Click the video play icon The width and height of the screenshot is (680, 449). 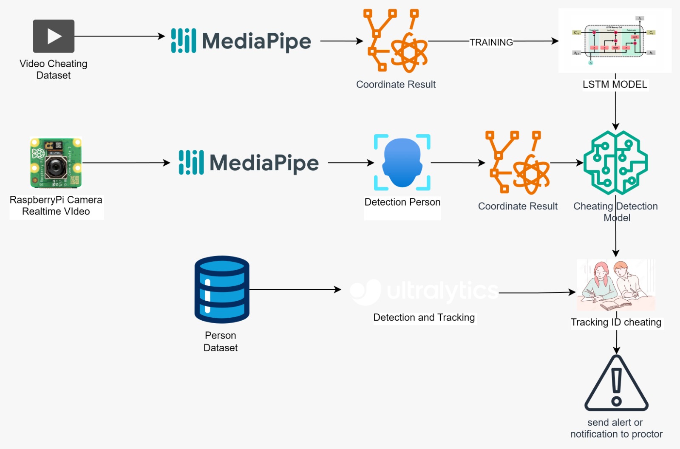[54, 36]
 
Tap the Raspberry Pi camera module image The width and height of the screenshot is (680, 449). [56, 163]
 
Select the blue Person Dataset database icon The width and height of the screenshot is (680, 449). [222, 289]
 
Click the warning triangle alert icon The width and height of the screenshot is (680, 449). [616, 384]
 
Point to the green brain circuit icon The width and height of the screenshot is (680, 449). [615, 163]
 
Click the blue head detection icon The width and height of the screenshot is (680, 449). [402, 162]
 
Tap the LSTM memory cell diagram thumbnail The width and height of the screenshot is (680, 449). [615, 41]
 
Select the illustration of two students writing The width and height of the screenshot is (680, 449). [616, 285]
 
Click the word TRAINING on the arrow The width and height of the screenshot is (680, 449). [491, 42]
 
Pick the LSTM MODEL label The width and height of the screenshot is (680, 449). [615, 85]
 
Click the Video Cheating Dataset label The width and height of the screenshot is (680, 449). [54, 69]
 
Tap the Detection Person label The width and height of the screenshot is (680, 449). [402, 202]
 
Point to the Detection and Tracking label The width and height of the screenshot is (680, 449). [424, 317]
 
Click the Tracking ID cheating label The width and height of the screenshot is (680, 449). [616, 322]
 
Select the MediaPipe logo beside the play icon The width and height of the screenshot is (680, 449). [241, 41]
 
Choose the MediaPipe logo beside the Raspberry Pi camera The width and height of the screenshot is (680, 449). [249, 163]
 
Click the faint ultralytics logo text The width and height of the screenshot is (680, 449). [442, 291]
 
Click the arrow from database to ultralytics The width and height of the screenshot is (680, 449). [295, 290]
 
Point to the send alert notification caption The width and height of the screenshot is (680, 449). [616, 428]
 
